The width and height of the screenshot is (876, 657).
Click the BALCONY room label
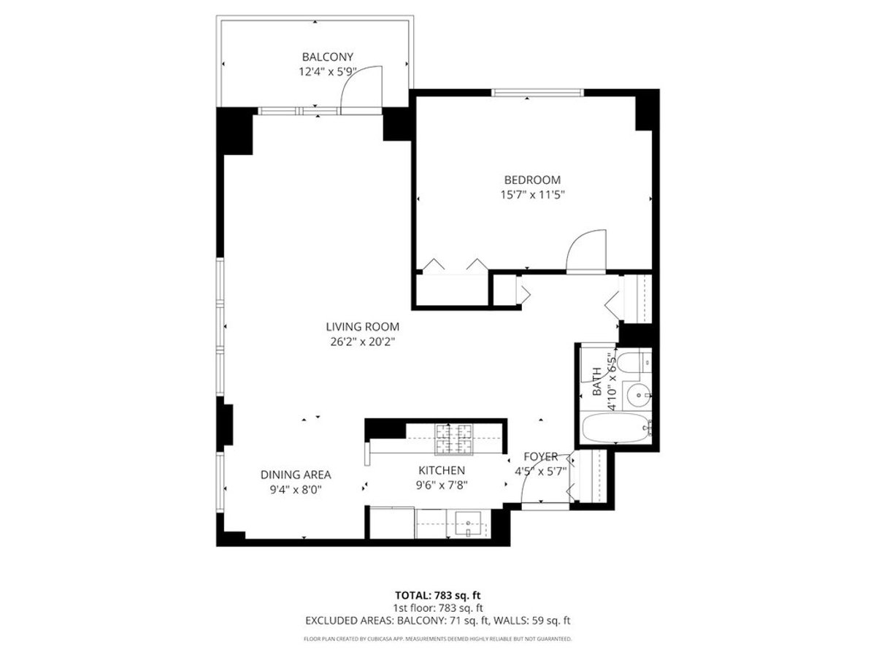(x=327, y=57)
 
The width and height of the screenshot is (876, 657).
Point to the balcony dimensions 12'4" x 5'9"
(x=327, y=72)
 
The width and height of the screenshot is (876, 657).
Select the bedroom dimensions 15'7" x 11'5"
(x=532, y=195)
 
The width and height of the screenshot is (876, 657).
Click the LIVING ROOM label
(x=362, y=327)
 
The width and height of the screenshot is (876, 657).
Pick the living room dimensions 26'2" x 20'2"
(x=362, y=342)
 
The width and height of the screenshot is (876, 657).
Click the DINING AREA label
(x=296, y=474)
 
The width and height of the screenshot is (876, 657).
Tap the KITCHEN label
(x=442, y=470)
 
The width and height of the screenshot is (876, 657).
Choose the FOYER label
(x=541, y=457)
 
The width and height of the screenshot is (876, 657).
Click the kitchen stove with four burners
(x=453, y=439)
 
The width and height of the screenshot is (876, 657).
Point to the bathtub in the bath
(x=616, y=428)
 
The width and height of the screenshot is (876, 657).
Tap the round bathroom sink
(x=637, y=396)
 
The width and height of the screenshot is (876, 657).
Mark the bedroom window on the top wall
(x=537, y=93)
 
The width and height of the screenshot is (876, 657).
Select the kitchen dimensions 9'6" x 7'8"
(x=442, y=485)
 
